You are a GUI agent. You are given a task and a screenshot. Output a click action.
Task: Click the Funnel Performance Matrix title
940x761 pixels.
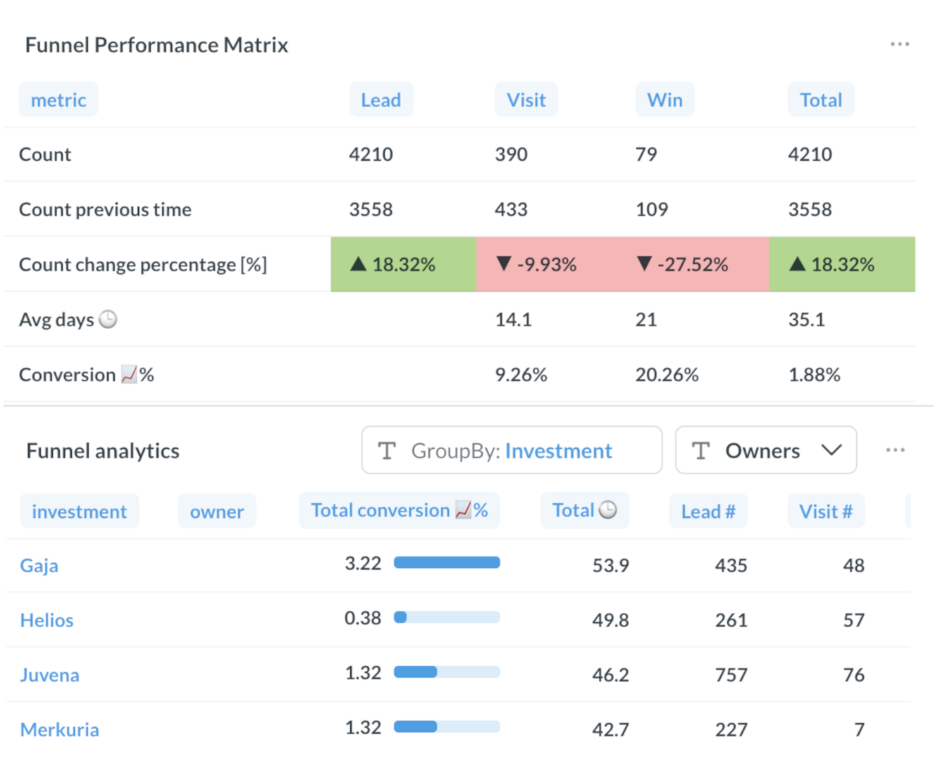tap(156, 45)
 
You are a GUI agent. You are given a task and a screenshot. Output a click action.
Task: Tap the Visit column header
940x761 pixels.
tap(526, 100)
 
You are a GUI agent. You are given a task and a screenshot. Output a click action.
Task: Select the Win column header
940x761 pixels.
tap(664, 100)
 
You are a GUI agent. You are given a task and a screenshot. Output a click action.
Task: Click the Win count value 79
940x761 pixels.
tap(646, 154)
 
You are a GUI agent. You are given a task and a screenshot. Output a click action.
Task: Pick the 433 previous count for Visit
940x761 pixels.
tap(511, 209)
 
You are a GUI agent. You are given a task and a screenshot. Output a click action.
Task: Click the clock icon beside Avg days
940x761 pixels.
tap(108, 320)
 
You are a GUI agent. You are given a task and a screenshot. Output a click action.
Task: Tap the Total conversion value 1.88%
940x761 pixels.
tap(814, 375)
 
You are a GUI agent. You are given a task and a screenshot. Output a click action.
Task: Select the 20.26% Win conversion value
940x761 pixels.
tap(667, 375)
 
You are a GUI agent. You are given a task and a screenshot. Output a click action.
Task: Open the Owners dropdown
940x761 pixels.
tap(765, 450)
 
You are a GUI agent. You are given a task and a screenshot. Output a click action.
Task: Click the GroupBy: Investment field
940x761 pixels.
tap(512, 450)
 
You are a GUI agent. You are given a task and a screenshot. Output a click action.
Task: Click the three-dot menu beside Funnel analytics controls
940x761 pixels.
tap(895, 450)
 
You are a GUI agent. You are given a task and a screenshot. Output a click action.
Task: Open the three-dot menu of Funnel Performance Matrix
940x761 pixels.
tap(900, 44)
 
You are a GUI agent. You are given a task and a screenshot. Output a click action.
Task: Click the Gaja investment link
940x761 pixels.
tap(39, 566)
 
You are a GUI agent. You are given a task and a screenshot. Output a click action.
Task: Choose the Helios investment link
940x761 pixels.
tap(47, 620)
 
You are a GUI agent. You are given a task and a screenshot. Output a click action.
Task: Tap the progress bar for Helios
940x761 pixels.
tap(447, 618)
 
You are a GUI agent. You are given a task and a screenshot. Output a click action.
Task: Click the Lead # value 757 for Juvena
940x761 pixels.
tap(731, 675)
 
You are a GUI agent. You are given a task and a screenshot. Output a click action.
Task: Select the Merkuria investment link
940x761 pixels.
tap(59, 729)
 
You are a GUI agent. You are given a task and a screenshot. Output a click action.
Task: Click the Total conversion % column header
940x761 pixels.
tap(399, 510)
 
